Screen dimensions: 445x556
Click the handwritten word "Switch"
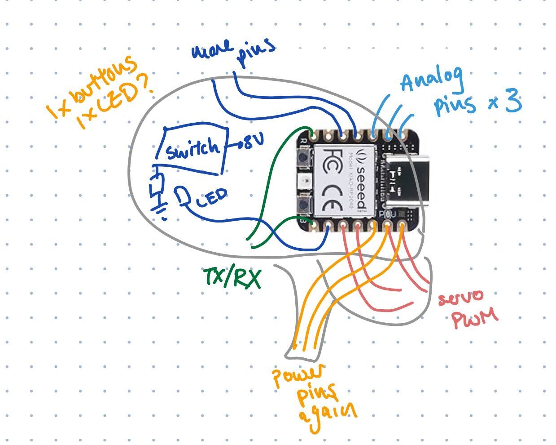[x=192, y=149]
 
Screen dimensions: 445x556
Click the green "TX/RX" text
[x=232, y=278]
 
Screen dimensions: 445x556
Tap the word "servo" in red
[x=461, y=297]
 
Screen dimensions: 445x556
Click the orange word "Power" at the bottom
[x=298, y=378]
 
